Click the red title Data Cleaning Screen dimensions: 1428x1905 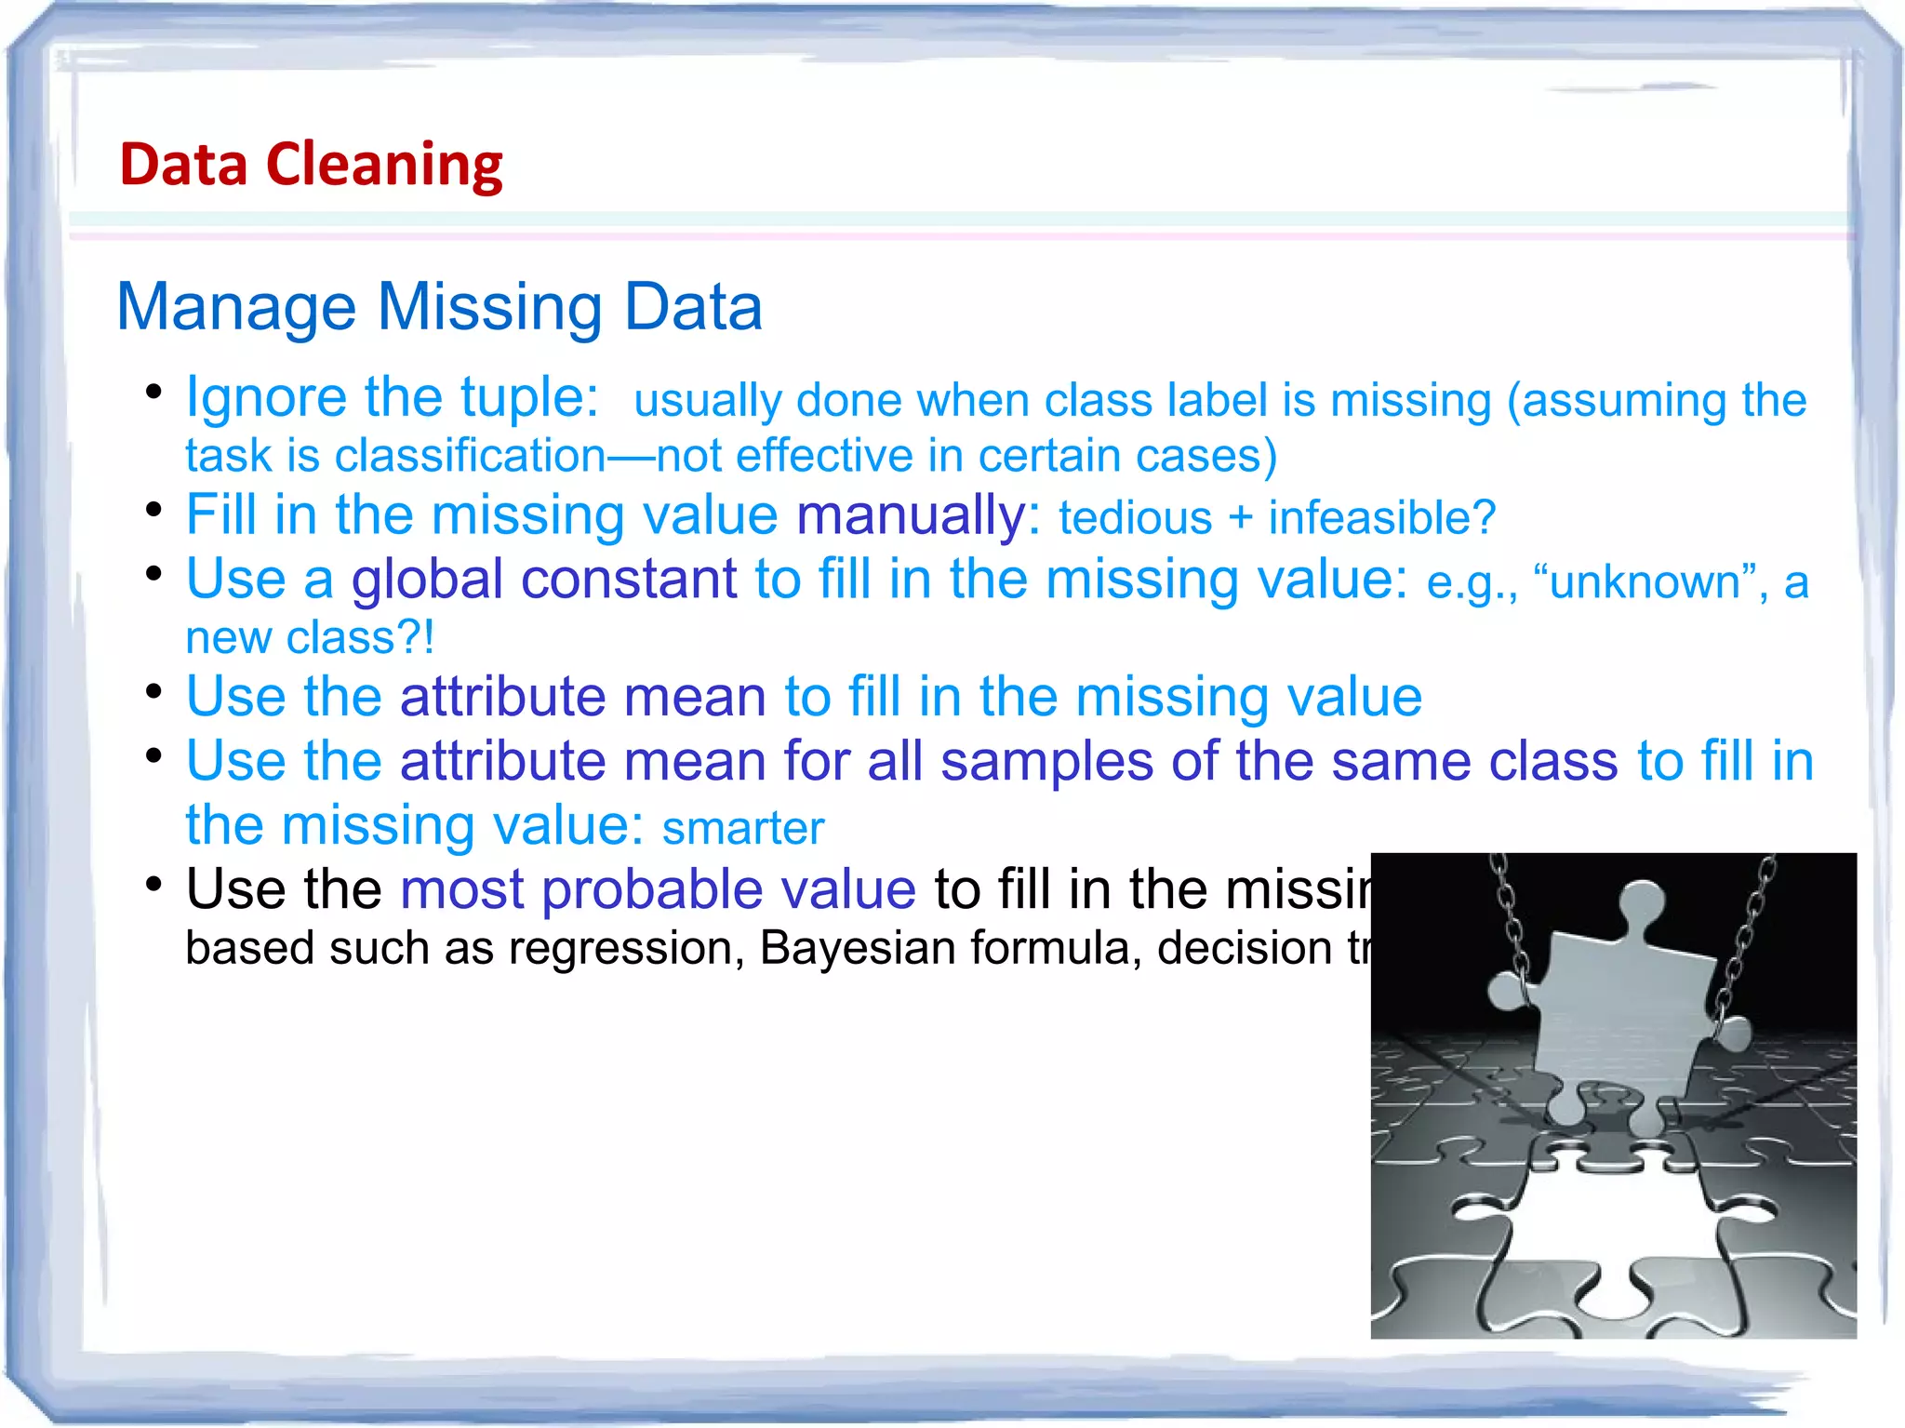(x=311, y=165)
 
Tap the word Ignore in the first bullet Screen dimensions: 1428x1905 (x=266, y=398)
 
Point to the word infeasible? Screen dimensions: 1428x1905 (x=1381, y=518)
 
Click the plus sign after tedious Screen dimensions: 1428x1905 (x=1239, y=519)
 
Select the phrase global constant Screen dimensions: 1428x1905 (x=543, y=580)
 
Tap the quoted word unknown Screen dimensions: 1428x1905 (x=1644, y=583)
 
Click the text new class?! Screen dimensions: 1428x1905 (x=310, y=638)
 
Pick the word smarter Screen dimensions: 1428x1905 (x=742, y=828)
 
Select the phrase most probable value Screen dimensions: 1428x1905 (x=658, y=889)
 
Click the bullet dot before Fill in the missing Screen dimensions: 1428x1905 (x=154, y=510)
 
